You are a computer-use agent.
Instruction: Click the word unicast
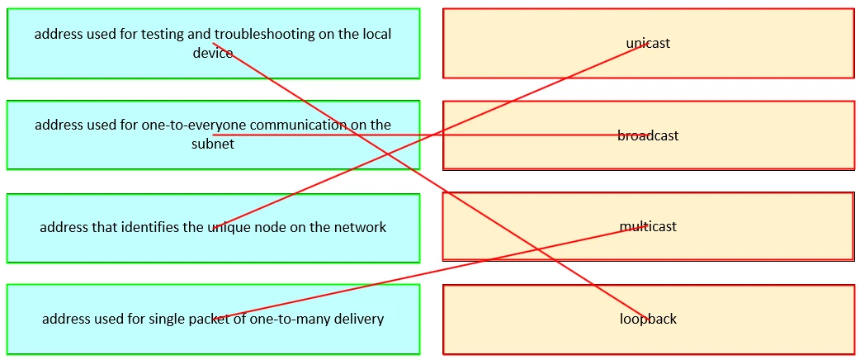pyautogui.click(x=648, y=44)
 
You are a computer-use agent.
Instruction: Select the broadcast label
pyautogui.click(x=648, y=135)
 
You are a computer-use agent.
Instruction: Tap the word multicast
pyautogui.click(x=648, y=226)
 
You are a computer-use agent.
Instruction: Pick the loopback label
pyautogui.click(x=648, y=319)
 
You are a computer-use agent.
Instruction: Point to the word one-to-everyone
pyautogui.click(x=188, y=125)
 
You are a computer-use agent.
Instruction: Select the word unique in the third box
pyautogui.click(x=229, y=227)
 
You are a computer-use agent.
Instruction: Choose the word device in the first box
pyautogui.click(x=213, y=52)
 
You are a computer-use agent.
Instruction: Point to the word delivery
pyautogui.click(x=359, y=319)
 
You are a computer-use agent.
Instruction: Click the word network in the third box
pyautogui.click(x=361, y=227)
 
